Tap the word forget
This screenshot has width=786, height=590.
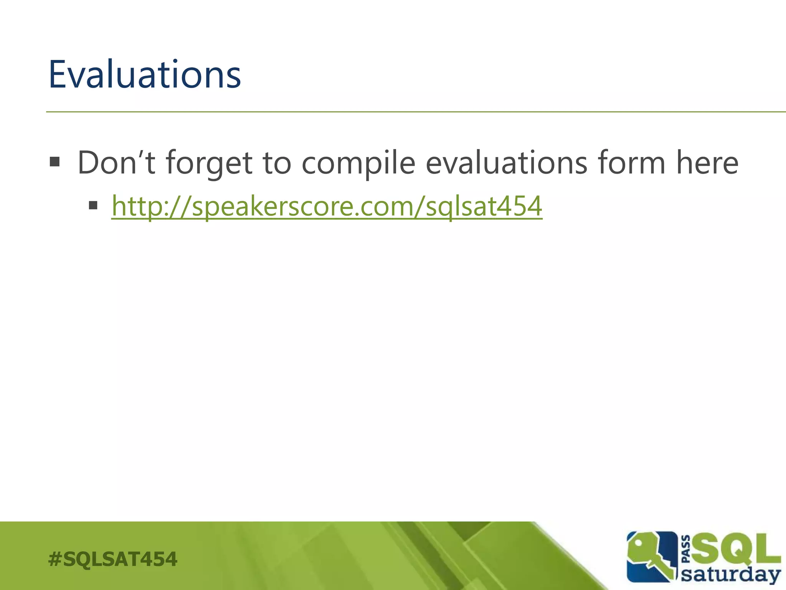click(x=209, y=163)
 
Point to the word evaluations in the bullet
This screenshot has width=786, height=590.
click(x=507, y=162)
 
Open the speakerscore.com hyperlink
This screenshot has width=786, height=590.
click(x=326, y=206)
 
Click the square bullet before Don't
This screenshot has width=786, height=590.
click(x=55, y=162)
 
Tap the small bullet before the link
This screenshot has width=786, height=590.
click(x=93, y=206)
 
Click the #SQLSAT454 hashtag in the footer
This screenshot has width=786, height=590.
click(x=112, y=559)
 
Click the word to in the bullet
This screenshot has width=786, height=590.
click(x=276, y=162)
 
